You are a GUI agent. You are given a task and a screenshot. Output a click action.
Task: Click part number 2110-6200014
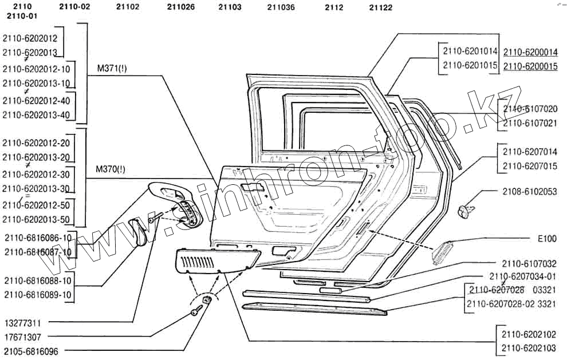(x=530, y=52)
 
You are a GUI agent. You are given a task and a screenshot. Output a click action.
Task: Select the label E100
(x=547, y=238)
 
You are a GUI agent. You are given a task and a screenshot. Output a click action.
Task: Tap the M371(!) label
(x=112, y=68)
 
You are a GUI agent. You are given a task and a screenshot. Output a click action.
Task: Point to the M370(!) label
(x=112, y=169)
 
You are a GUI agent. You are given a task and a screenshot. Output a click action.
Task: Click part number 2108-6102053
(x=530, y=192)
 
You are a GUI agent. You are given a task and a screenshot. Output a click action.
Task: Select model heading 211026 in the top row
(x=181, y=7)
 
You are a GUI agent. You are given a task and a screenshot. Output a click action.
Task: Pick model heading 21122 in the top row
(x=381, y=7)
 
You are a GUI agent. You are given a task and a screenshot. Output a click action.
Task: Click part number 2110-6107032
(x=529, y=264)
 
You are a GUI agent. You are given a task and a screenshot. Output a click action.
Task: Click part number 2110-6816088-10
(x=38, y=280)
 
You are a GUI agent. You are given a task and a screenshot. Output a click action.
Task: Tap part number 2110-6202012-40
(x=36, y=101)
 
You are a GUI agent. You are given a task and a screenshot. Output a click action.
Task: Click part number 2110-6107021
(x=530, y=123)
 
